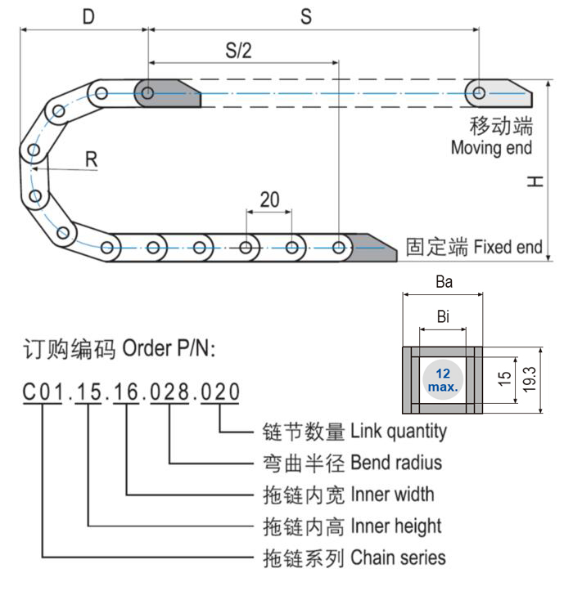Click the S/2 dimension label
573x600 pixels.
[238, 50]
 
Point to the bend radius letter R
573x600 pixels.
[92, 159]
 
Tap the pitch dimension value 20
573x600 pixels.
[269, 199]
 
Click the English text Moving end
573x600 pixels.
[491, 148]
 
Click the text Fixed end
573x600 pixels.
[508, 246]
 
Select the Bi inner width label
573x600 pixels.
[443, 317]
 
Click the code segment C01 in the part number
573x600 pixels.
[43, 393]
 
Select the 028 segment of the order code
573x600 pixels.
[169, 393]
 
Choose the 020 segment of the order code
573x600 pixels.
[220, 393]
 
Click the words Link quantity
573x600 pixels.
[399, 431]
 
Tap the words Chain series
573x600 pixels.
[398, 557]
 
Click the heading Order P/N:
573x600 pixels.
[169, 349]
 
